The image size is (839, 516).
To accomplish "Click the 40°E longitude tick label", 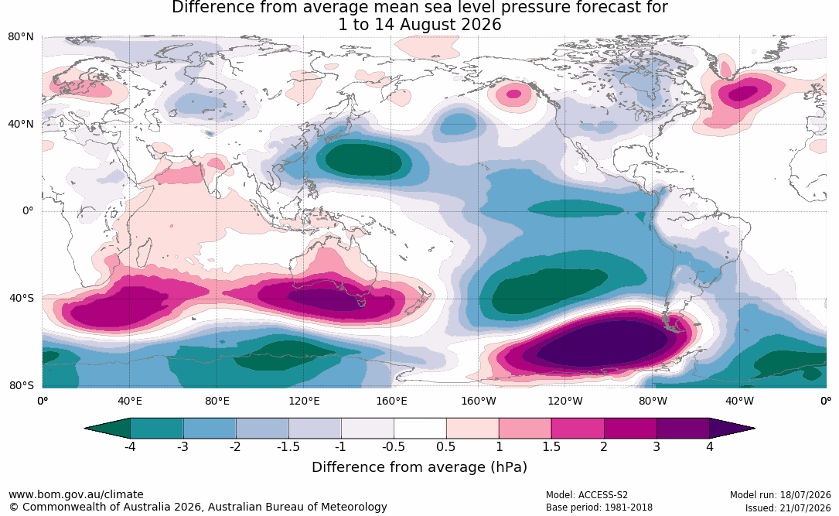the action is pos(130,401).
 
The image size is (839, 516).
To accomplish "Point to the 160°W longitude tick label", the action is pos(479,401).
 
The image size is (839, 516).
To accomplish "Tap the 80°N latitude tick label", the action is pos(20,37).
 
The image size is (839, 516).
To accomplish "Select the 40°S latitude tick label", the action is pos(22,298).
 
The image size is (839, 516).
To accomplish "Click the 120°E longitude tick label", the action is pos(304,401).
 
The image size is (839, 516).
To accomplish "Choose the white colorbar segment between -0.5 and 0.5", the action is pos(420,429).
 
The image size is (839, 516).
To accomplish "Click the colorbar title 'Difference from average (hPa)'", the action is pos(419,467).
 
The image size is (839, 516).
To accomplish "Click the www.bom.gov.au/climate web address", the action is pos(76,494).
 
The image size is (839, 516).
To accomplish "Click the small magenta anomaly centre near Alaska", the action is pos(513,94).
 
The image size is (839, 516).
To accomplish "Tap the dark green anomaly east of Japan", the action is pos(364,159).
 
